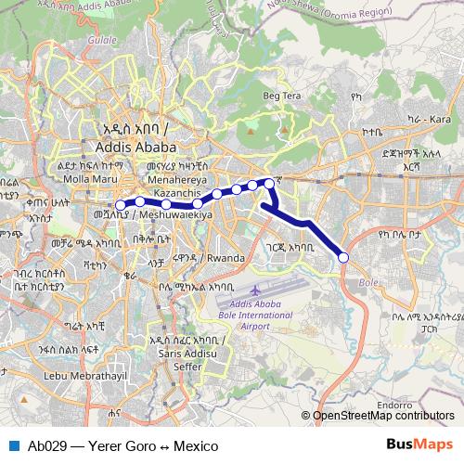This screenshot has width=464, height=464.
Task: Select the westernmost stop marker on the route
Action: (x=120, y=205)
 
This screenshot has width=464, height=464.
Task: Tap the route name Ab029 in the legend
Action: (x=46, y=445)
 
